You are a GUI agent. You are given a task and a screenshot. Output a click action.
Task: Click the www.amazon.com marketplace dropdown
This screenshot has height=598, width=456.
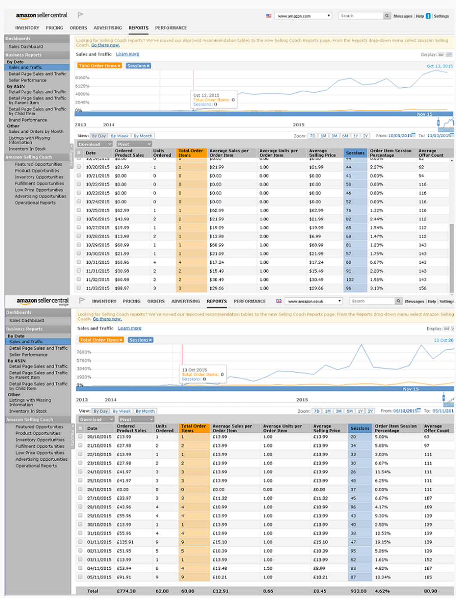[x=303, y=16]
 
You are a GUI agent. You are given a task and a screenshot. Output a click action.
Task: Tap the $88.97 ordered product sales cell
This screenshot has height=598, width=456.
[x=122, y=288]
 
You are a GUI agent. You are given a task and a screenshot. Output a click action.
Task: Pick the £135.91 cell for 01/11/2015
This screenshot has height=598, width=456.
[x=125, y=542]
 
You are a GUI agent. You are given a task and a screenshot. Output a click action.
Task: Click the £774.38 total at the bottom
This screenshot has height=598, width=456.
[x=126, y=591]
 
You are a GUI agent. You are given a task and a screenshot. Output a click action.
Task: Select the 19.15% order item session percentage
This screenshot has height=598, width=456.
[x=383, y=542]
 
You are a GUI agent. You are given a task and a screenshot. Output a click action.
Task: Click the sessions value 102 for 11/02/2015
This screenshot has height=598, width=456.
[x=350, y=279]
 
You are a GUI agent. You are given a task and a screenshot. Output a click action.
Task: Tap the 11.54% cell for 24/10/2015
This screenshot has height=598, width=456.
[x=383, y=472]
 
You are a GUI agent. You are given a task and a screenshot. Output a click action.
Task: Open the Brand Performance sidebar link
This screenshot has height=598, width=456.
[x=28, y=120]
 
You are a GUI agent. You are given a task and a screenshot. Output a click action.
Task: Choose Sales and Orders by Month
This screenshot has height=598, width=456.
[x=36, y=131]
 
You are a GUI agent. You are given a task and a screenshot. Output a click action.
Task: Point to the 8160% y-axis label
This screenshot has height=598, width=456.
[x=82, y=78]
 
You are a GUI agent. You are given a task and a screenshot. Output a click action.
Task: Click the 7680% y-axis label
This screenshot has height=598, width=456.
[x=84, y=352]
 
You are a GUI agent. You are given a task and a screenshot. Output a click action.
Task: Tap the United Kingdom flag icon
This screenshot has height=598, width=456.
[x=279, y=301]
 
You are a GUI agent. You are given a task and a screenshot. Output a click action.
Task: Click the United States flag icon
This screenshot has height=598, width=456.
[x=268, y=16]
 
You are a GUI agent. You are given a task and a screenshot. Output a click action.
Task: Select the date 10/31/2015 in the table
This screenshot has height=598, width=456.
[x=97, y=262]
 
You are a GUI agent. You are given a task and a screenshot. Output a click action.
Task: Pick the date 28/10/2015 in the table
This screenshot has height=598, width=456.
[x=99, y=507]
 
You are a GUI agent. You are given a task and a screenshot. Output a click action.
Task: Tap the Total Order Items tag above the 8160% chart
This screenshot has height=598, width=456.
[x=99, y=66]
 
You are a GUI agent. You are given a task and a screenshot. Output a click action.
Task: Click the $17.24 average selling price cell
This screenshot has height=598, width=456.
[x=316, y=262]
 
